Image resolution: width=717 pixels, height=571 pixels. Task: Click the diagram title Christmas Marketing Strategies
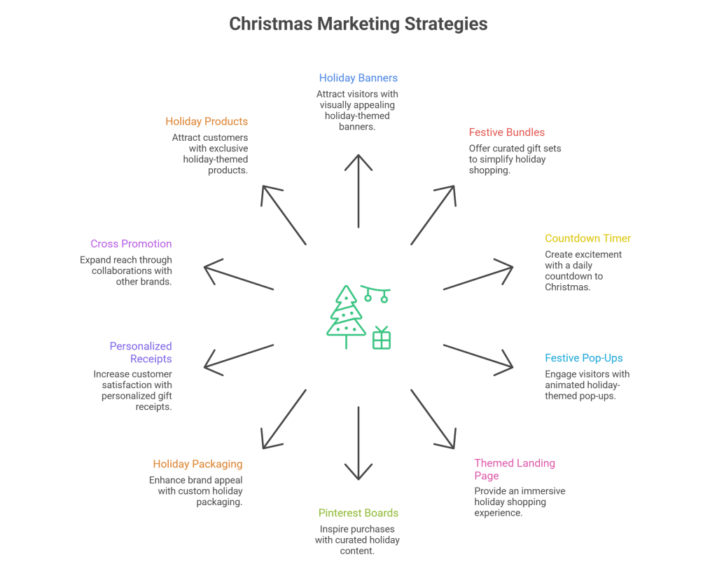(358, 24)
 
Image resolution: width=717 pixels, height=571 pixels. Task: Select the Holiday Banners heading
(358, 78)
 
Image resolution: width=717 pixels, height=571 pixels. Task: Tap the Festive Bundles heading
(506, 132)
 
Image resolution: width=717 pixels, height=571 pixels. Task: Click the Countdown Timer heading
(587, 238)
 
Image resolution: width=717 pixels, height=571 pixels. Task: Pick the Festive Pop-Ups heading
(583, 358)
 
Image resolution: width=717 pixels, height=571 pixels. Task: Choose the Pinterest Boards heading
(358, 513)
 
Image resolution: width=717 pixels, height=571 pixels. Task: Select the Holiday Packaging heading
(197, 464)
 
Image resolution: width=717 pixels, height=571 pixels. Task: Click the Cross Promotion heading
(131, 244)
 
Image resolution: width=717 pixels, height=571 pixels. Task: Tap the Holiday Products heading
(207, 121)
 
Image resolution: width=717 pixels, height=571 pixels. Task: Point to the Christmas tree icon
(344, 315)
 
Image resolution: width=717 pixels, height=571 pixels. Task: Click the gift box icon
(382, 338)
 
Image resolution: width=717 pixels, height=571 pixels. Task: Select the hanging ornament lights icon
(375, 293)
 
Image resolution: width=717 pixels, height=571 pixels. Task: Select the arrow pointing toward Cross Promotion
(238, 277)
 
